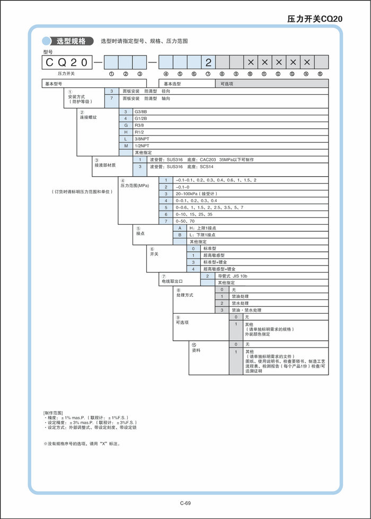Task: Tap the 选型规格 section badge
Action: point(70,41)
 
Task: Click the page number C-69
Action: point(185,503)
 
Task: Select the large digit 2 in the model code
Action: point(208,62)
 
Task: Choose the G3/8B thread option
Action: point(143,112)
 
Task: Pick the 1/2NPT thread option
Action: point(143,145)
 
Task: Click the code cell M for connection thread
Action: point(126,145)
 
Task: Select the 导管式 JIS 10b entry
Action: point(233,276)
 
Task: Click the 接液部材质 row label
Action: point(105,166)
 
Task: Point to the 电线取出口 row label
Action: point(172,281)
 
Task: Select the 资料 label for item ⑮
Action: point(196,350)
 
